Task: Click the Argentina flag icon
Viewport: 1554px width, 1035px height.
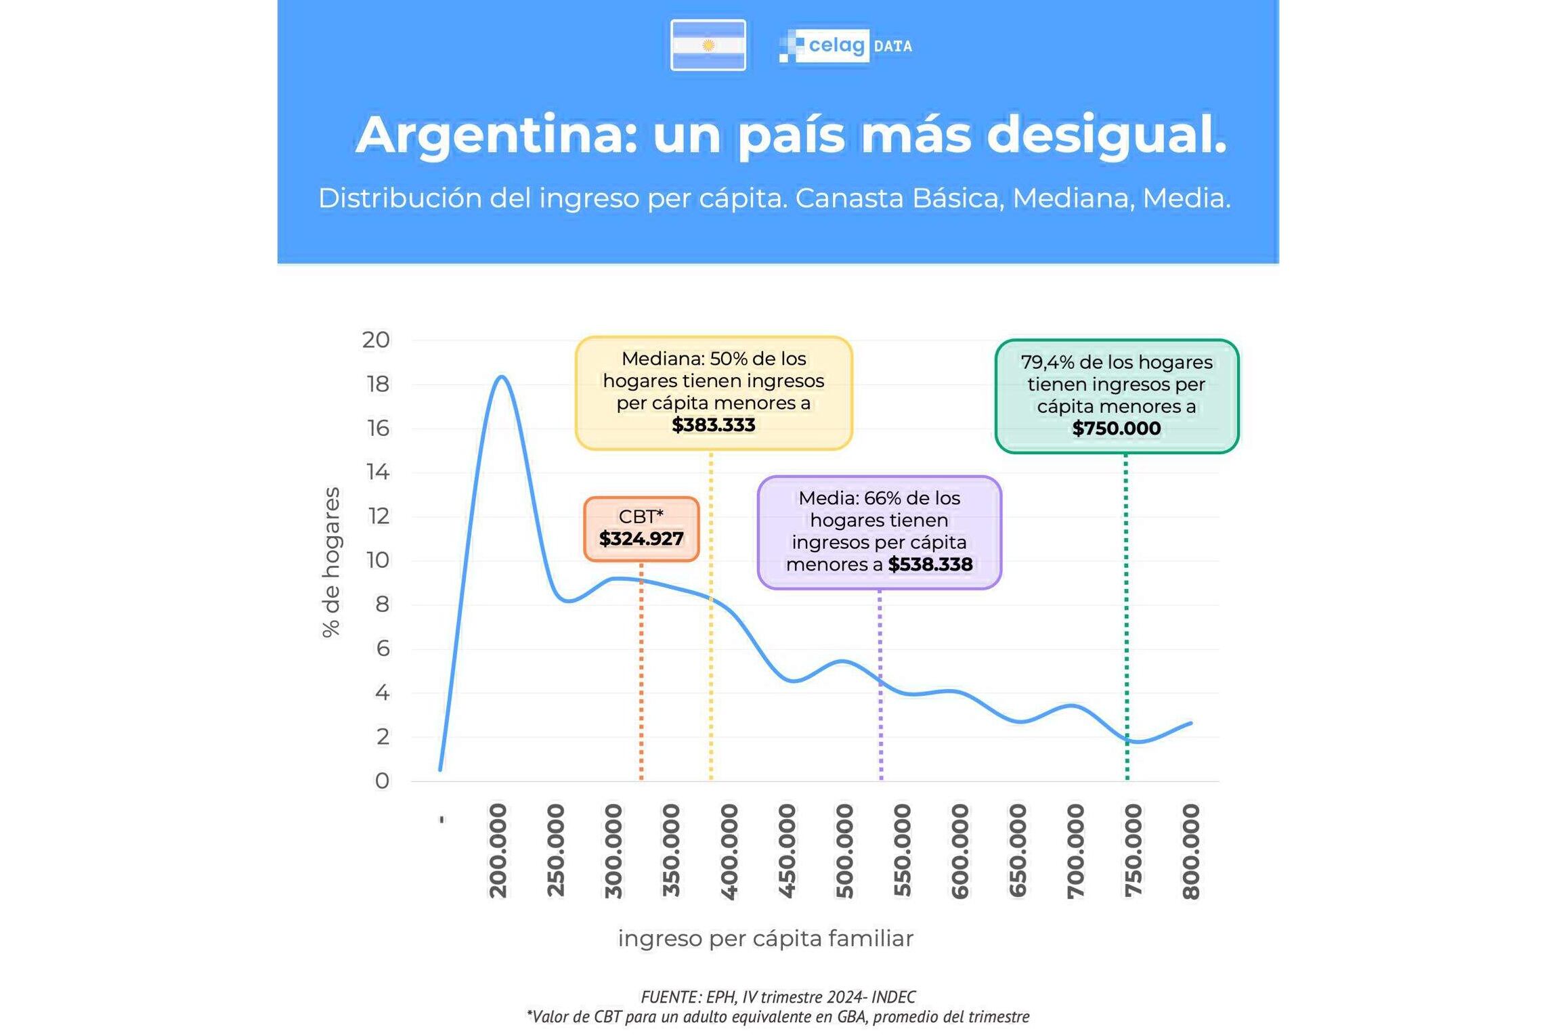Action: (x=708, y=45)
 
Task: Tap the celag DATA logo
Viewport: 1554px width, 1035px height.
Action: (x=846, y=46)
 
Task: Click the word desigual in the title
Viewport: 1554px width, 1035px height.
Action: (x=1106, y=135)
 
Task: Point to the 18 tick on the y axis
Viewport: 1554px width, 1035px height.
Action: (x=378, y=384)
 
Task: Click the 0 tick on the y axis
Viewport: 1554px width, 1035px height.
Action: (x=382, y=781)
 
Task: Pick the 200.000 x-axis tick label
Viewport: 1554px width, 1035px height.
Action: (x=498, y=851)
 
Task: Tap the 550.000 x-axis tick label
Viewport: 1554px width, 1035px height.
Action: (x=903, y=851)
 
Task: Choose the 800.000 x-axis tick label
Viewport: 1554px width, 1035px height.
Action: (x=1191, y=851)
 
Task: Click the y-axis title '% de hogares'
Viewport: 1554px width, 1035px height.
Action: (x=331, y=562)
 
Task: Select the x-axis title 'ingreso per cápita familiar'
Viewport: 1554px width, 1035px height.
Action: (x=765, y=939)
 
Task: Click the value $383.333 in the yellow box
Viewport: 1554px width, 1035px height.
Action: (x=713, y=425)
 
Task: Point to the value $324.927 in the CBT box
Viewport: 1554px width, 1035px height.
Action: (x=641, y=539)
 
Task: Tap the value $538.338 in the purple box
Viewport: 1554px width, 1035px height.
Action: (x=930, y=565)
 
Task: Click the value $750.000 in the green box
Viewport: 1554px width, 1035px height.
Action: (x=1116, y=428)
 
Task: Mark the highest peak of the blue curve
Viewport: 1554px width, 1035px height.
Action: (x=501, y=376)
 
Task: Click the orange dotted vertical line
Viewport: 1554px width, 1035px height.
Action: (x=641, y=677)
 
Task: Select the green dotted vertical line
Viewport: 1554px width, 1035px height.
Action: (x=1126, y=609)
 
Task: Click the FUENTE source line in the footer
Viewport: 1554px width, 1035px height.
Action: (x=777, y=997)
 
